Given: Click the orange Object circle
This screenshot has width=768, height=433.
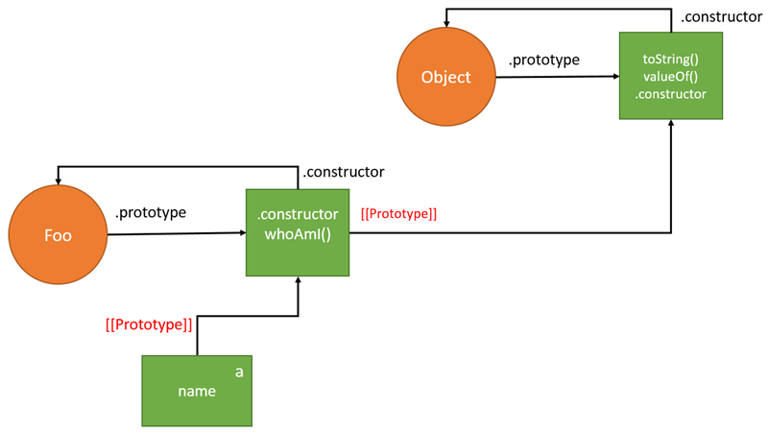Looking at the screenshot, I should pyautogui.click(x=446, y=77).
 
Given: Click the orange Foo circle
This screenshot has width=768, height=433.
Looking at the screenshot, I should pyautogui.click(x=58, y=235).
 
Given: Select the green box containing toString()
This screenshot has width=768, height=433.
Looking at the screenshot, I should pyautogui.click(x=670, y=76).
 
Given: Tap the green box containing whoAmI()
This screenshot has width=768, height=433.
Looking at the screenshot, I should pyautogui.click(x=298, y=232).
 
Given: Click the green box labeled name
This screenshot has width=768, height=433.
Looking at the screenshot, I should pyautogui.click(x=197, y=391).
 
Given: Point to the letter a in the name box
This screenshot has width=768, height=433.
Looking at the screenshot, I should pyautogui.click(x=239, y=371).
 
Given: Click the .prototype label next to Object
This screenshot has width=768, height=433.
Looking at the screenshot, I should pyautogui.click(x=543, y=60).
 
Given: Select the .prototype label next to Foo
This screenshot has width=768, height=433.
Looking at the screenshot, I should pyautogui.click(x=150, y=212).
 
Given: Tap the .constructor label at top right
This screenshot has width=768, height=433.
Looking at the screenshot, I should pyautogui.click(x=721, y=17).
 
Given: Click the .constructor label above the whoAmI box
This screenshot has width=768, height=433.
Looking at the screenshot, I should pyautogui.click(x=343, y=172).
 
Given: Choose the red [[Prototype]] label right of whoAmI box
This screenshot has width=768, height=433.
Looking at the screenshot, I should pyautogui.click(x=398, y=214).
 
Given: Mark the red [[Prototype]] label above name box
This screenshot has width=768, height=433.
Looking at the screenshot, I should pyautogui.click(x=149, y=325).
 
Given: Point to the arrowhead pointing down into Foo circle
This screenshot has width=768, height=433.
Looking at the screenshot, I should pyautogui.click(x=58, y=180).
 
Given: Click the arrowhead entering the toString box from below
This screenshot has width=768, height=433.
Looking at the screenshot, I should pyautogui.click(x=670, y=125).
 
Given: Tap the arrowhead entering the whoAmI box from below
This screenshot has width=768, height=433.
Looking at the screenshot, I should pyautogui.click(x=299, y=280).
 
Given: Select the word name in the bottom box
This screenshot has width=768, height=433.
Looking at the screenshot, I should pyautogui.click(x=196, y=392).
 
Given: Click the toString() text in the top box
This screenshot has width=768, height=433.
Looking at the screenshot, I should pyautogui.click(x=670, y=60).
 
